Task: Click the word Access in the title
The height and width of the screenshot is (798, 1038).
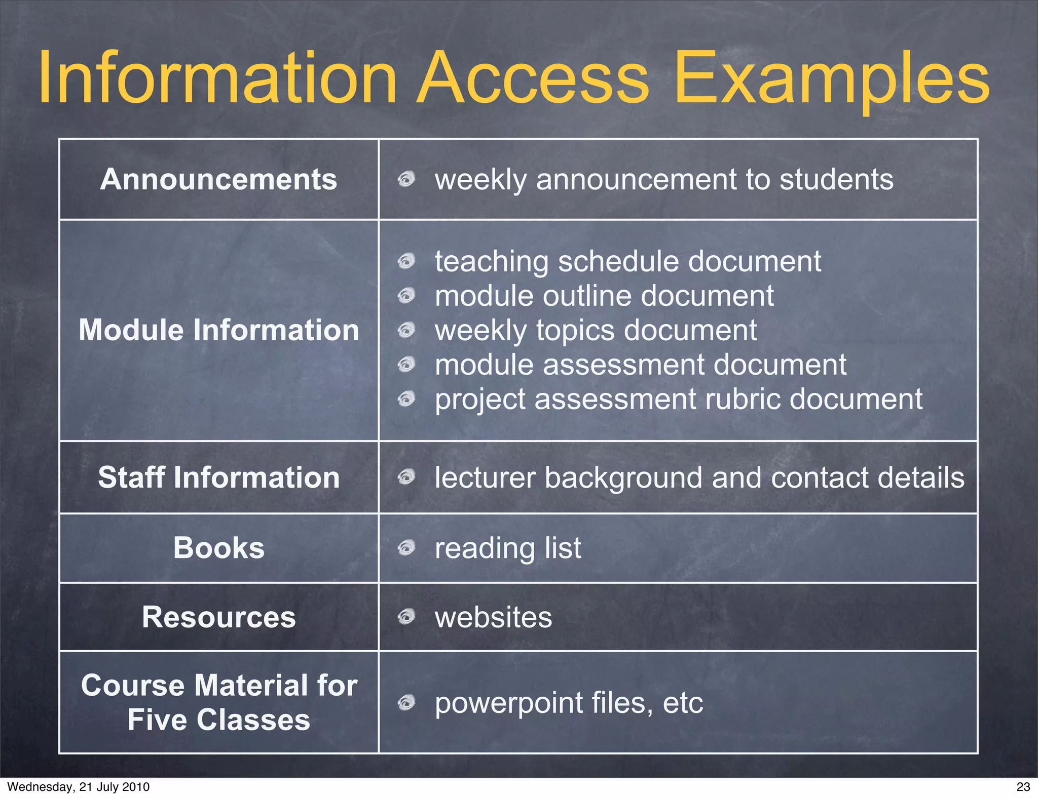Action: [533, 78]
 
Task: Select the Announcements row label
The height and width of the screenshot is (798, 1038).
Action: [218, 179]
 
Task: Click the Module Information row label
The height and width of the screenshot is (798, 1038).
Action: [218, 330]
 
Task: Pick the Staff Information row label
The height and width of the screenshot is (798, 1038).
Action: [218, 477]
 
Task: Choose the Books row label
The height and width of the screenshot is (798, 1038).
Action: [218, 548]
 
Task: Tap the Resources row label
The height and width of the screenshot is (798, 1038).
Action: [218, 617]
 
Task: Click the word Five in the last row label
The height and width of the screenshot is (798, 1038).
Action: [157, 720]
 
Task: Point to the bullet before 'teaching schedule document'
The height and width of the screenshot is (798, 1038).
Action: [406, 261]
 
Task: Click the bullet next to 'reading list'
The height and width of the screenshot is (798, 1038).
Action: [406, 547]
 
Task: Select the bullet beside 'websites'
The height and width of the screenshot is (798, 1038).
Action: [406, 617]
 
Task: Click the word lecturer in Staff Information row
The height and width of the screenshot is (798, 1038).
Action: [485, 477]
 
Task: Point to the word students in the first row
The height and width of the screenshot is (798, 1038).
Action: [836, 179]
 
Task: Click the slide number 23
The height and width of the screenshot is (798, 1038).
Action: [1023, 787]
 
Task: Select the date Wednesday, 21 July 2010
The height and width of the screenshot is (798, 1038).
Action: [79, 787]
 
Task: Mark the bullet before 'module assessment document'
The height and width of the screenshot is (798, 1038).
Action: [406, 364]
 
